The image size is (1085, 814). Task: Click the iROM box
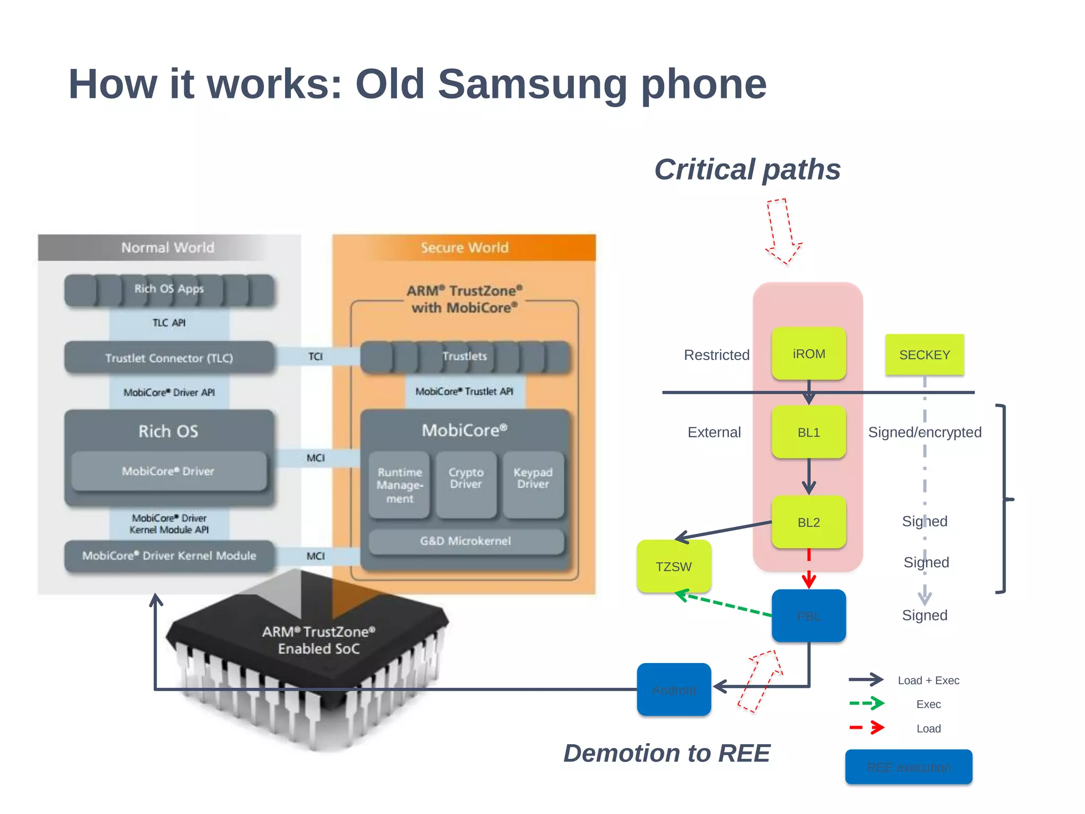pos(808,354)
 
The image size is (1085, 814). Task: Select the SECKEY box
pos(924,355)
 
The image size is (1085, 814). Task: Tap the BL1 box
pos(808,432)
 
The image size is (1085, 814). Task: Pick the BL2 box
pos(808,522)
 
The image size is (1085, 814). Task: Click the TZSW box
pos(673,567)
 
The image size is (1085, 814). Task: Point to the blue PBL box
pos(808,616)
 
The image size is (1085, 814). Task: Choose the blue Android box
pos(673,690)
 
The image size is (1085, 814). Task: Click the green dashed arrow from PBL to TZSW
pos(726,604)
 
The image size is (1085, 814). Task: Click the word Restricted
pos(716,355)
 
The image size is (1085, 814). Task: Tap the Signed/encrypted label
pos(924,432)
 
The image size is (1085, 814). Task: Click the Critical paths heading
pos(747,169)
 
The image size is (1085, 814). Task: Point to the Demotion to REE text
pos(666,753)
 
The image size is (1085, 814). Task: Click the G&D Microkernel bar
pos(466,541)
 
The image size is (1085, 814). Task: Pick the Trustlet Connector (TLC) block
pos(169,358)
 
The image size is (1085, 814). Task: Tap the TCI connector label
pos(315,356)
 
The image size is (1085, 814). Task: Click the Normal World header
pos(168,248)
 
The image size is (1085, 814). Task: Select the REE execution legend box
pos(909,767)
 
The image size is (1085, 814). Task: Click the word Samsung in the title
pos(532,84)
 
